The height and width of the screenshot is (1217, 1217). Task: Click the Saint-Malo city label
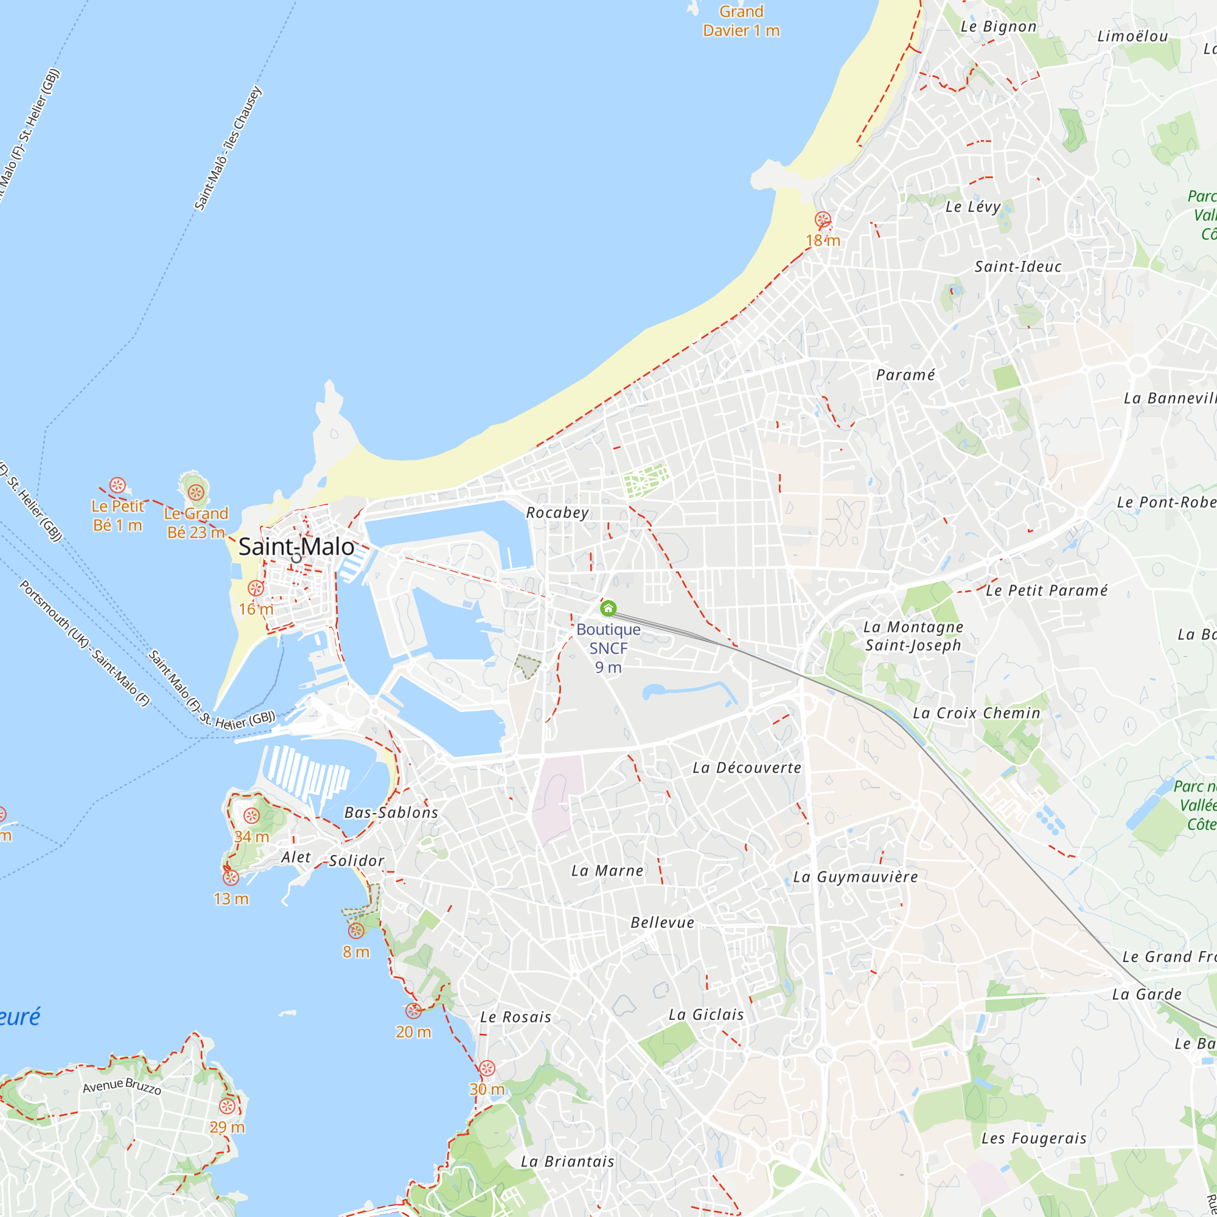point(296,547)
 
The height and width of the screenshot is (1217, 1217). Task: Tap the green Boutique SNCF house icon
point(608,608)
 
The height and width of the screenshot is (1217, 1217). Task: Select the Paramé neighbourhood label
point(905,375)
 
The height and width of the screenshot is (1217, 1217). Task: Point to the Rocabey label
point(557,513)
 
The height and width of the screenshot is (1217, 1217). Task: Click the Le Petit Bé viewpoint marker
point(117,485)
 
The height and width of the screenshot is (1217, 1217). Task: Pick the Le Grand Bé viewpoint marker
point(196,491)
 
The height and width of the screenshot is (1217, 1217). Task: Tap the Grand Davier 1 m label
point(741,21)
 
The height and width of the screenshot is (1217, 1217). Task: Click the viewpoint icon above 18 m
point(823,220)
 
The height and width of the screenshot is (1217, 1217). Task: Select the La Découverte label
point(747,768)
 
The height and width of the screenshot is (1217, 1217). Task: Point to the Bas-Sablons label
point(391,812)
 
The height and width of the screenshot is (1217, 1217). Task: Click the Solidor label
point(357,860)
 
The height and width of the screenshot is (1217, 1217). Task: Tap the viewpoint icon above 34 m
point(251,816)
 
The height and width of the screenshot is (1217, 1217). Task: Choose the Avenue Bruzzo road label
point(122,1086)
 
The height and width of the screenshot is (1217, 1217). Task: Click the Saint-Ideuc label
point(1018,267)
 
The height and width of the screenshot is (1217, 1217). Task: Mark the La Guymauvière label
point(856,877)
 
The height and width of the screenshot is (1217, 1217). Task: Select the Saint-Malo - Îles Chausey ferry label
point(228,148)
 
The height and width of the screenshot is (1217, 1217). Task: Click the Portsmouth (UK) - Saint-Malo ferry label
point(85,643)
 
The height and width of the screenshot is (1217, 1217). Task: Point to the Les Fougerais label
point(1034,1139)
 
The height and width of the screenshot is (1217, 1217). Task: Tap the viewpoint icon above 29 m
point(227,1106)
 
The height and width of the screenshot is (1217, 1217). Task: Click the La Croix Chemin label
point(977,713)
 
